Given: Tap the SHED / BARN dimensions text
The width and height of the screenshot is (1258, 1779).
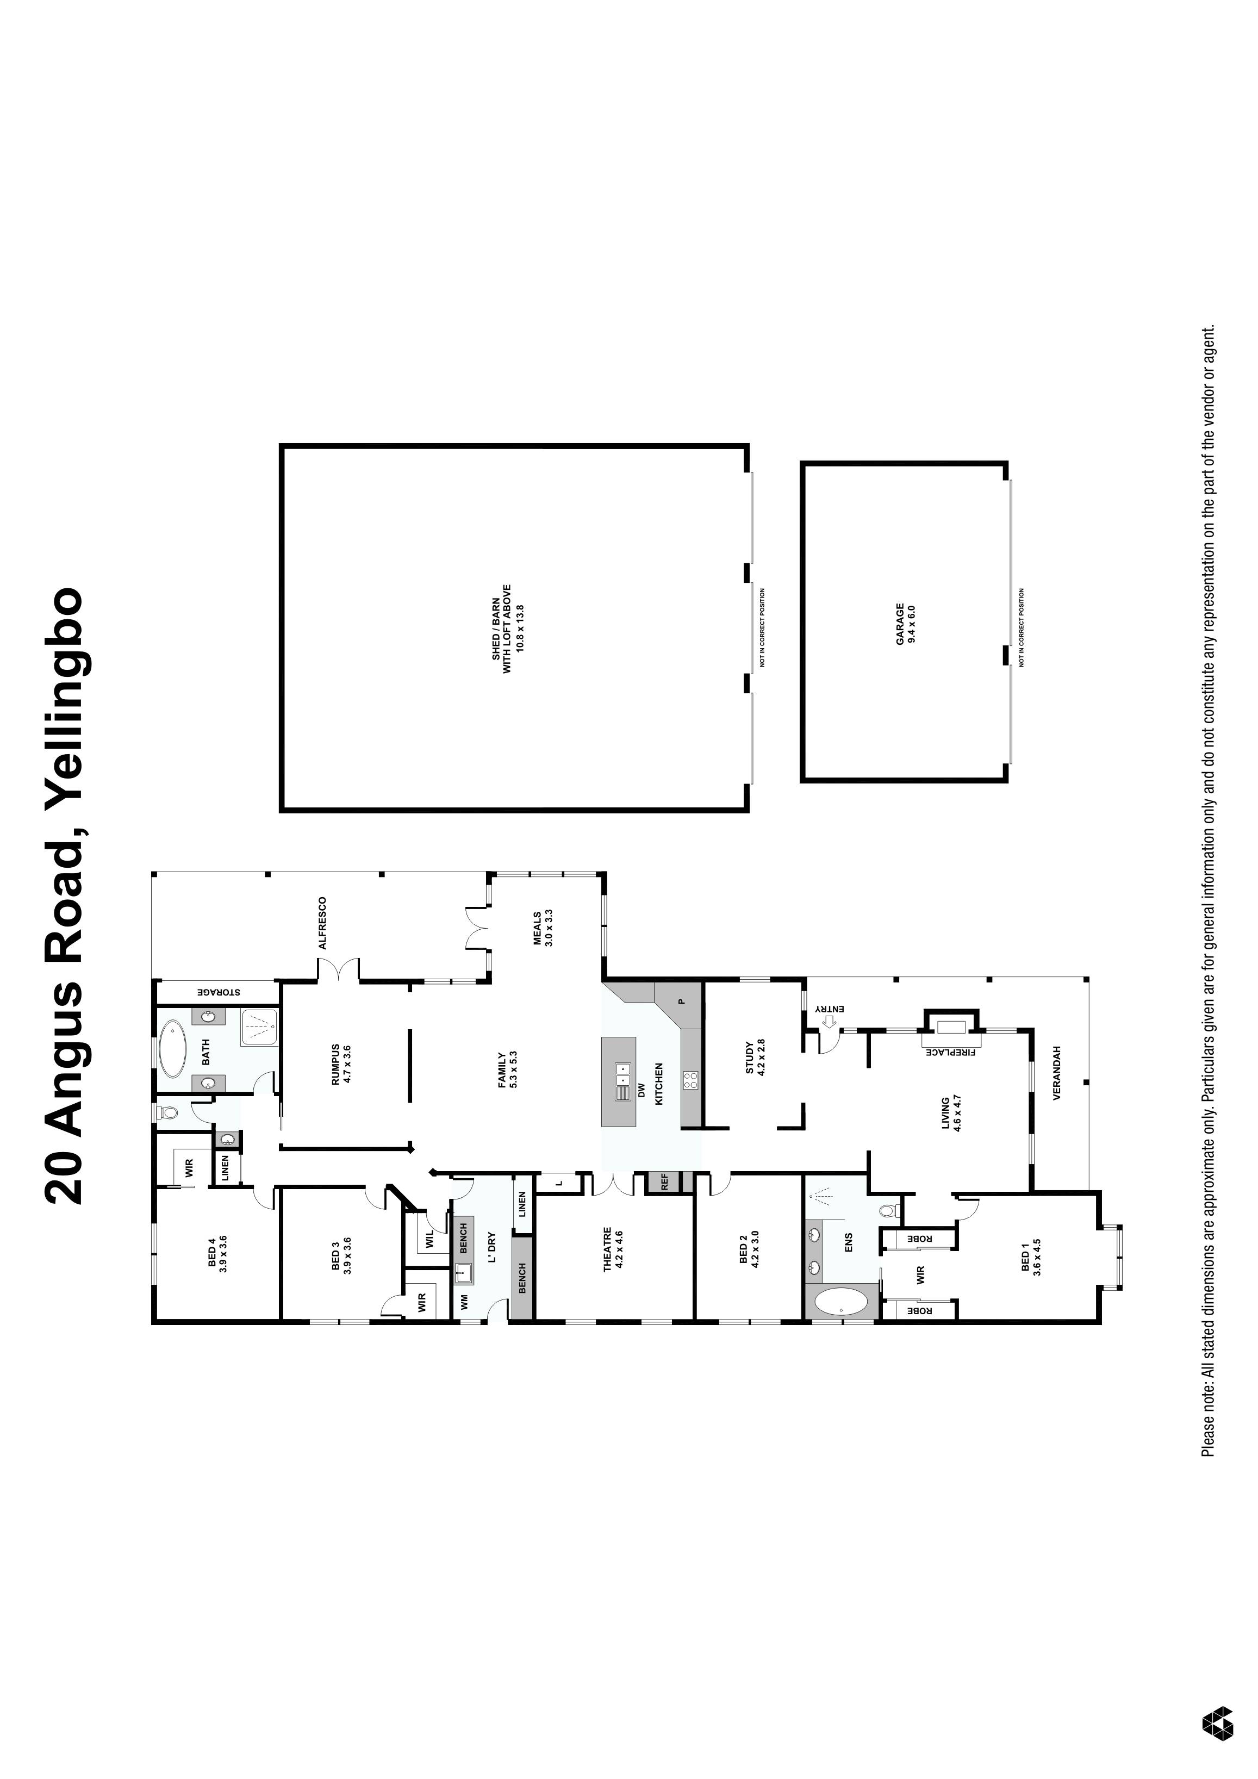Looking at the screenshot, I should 520,627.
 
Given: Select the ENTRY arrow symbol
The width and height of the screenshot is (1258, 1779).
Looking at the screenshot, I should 827,1021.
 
